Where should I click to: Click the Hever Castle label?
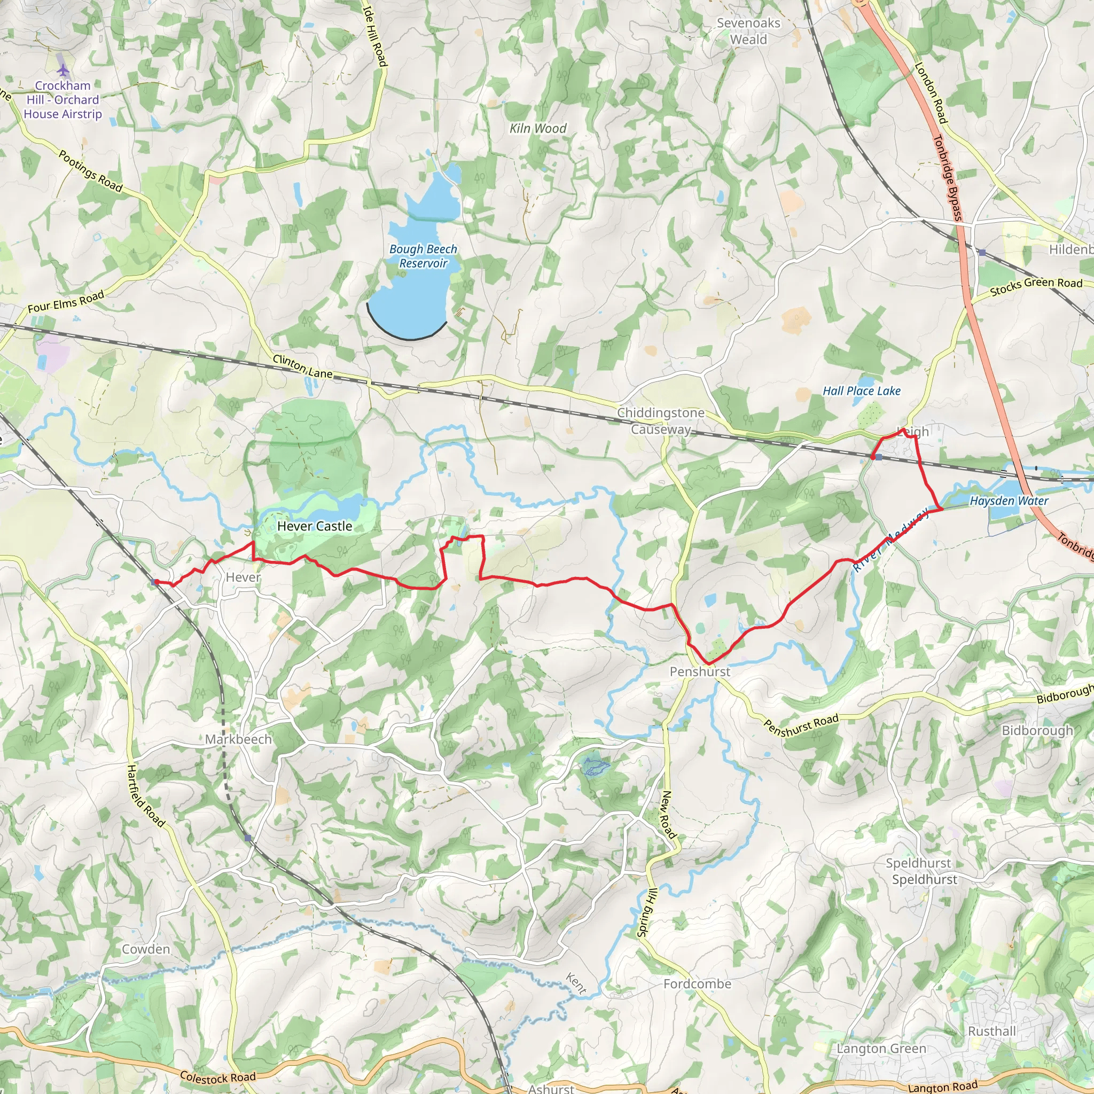(x=314, y=526)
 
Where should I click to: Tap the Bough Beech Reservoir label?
(x=423, y=256)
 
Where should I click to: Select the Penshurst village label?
(x=700, y=671)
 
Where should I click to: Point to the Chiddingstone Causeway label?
(x=661, y=421)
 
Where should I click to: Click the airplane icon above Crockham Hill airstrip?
(x=63, y=70)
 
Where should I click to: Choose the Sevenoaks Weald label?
(x=748, y=31)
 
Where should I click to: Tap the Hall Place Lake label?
(x=861, y=390)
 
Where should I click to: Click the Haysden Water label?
(x=1009, y=501)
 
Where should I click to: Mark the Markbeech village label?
(x=238, y=739)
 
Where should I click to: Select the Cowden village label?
(x=145, y=949)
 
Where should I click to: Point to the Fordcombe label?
(x=697, y=983)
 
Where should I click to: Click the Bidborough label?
(x=1037, y=730)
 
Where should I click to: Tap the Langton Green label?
(x=881, y=1049)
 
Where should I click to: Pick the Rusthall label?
(x=991, y=1031)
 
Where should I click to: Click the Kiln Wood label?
(x=537, y=129)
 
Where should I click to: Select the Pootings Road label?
(x=91, y=171)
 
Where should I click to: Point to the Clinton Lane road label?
(x=302, y=366)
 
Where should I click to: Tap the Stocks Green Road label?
(x=1036, y=286)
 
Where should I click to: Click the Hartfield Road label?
(x=145, y=795)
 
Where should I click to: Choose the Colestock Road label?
(x=217, y=1078)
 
